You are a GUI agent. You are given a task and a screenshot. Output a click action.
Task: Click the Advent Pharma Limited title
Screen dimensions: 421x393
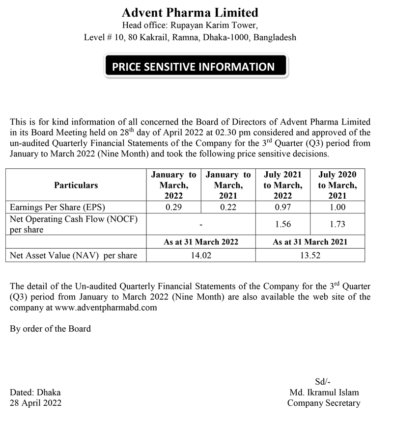(190, 12)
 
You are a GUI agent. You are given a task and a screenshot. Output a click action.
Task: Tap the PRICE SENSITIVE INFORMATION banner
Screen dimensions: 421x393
(196, 67)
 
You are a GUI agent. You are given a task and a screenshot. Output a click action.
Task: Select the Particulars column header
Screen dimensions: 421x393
(76, 185)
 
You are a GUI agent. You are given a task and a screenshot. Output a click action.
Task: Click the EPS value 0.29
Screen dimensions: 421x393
(173, 208)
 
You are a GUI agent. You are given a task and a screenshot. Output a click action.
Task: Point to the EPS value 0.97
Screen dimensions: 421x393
(283, 208)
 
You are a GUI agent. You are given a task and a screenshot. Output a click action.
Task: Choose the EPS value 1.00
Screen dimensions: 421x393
(337, 208)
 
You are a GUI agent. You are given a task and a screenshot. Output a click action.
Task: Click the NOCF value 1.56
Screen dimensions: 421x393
(283, 224)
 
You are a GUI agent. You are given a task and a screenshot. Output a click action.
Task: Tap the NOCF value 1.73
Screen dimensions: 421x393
(337, 224)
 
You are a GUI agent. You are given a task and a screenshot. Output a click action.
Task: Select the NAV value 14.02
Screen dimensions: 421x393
(201, 255)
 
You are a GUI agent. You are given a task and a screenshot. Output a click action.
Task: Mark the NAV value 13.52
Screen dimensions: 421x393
(310, 255)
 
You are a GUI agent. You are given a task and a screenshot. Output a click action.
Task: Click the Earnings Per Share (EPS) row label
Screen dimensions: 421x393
(57, 208)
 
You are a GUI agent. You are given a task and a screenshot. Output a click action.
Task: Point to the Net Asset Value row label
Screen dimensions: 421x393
(73, 255)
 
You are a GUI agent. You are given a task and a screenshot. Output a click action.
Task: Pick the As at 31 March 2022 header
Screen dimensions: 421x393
(201, 242)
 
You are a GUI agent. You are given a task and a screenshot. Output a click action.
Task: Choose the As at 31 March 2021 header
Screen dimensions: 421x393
(310, 242)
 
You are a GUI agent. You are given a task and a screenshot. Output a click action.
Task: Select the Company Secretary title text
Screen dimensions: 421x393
(324, 403)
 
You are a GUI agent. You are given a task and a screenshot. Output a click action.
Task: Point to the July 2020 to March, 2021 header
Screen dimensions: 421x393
(337, 185)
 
